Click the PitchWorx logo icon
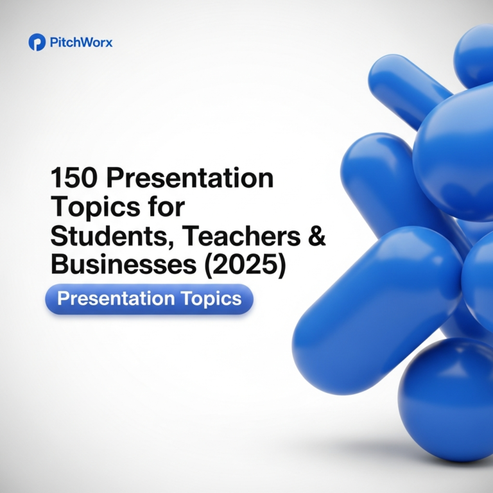(x=37, y=42)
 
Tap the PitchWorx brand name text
(x=81, y=42)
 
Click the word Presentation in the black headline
(x=190, y=178)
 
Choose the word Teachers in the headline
(x=241, y=236)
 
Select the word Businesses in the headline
(x=123, y=264)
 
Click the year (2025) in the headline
(x=245, y=265)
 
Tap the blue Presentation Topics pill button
(x=150, y=299)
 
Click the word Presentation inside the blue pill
(x=116, y=298)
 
